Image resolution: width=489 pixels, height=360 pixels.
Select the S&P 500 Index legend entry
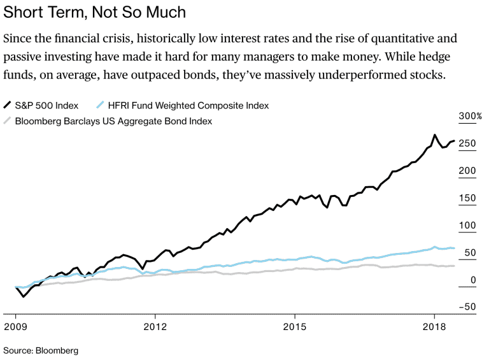(45, 105)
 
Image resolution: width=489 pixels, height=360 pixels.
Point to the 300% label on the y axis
(471, 117)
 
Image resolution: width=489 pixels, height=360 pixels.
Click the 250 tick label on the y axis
(467, 144)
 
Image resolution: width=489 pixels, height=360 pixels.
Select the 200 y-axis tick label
(467, 171)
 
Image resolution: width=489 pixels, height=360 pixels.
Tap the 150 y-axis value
(467, 199)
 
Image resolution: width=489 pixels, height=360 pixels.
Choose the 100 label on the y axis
(467, 226)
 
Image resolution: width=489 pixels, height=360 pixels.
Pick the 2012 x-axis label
(155, 327)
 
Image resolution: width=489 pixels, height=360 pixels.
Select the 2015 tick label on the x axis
(295, 327)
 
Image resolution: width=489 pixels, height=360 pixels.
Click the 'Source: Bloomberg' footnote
(41, 350)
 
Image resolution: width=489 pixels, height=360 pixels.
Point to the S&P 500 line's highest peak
(434, 135)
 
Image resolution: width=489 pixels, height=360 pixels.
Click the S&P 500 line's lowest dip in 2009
(24, 296)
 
